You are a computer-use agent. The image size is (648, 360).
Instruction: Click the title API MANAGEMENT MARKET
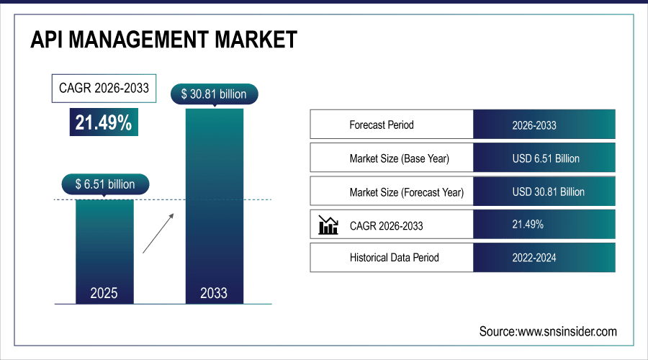point(163,40)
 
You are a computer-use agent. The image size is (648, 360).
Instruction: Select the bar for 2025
point(105,245)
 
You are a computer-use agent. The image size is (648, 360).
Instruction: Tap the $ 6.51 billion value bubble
point(105,184)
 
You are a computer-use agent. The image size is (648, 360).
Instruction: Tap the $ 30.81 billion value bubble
point(214,94)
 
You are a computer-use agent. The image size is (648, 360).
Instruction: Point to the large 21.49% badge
point(104,122)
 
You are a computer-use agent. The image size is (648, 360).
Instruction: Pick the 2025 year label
point(105,293)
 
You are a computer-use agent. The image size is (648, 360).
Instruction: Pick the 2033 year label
point(214,293)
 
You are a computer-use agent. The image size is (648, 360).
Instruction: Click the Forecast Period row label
point(382,125)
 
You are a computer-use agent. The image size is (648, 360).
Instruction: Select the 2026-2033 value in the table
point(534,125)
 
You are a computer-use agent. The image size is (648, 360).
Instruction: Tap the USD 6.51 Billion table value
point(545,158)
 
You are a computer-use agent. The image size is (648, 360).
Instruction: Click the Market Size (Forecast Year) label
point(406,192)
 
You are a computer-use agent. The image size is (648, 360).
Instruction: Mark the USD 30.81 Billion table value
point(548,192)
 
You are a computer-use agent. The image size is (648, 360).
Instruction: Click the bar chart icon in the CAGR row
point(328,226)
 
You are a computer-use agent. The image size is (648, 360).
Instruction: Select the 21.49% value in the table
point(528,225)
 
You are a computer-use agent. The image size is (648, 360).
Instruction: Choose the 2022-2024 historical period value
point(534,257)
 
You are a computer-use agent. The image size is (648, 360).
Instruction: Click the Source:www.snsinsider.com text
point(548,331)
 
